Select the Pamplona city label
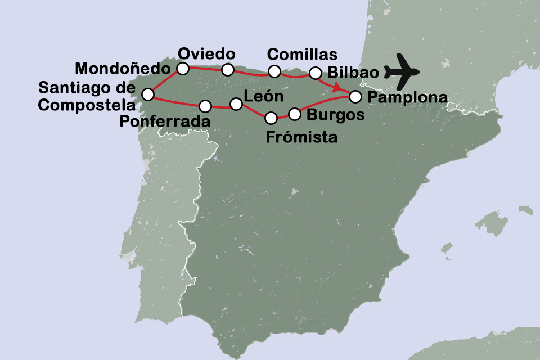(x=407, y=97)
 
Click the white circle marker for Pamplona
(x=355, y=96)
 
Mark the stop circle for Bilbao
(x=316, y=73)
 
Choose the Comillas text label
(x=302, y=55)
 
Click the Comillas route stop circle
(x=274, y=71)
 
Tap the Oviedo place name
(x=206, y=54)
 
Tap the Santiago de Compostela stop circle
(x=147, y=94)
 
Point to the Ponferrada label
(x=166, y=121)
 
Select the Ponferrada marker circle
(x=205, y=106)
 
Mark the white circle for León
(x=236, y=104)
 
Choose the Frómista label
(x=302, y=137)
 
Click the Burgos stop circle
(x=295, y=114)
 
